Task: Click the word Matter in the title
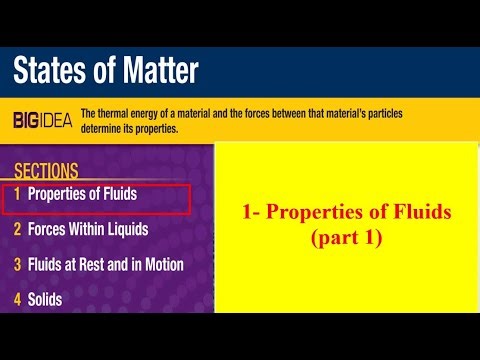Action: pos(156,71)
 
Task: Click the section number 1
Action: pos(17,193)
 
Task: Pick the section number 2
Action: pos(17,229)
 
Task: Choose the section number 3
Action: pos(17,264)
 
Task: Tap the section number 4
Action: pos(17,299)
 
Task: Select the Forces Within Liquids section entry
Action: pos(88,229)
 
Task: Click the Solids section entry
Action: pos(46,299)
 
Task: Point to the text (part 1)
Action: pos(348,240)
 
